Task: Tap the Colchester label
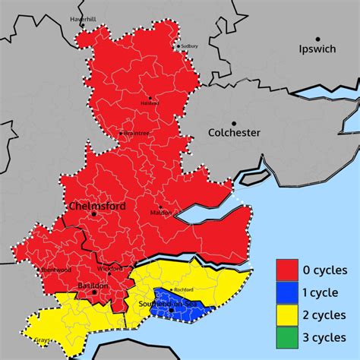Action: coord(234,133)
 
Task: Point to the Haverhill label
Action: coord(83,17)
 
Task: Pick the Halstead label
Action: coord(150,103)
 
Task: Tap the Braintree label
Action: coord(136,134)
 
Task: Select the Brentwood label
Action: coord(56,270)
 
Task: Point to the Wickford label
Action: coord(110,269)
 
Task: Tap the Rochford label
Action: coord(185,290)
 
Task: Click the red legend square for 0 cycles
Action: coord(287,270)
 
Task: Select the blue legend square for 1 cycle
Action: coord(287,292)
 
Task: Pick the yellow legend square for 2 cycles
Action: coord(287,314)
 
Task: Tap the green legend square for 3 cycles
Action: coord(287,336)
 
